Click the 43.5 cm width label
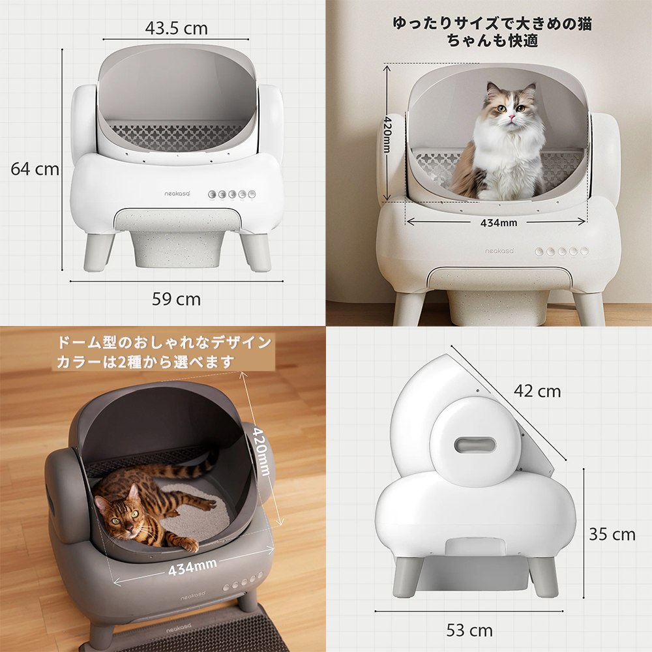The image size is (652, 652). point(176,28)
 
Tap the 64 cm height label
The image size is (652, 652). point(35,169)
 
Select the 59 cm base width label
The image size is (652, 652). point(176,299)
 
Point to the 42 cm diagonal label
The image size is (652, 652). point(537,391)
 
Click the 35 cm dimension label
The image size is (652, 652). point(612,535)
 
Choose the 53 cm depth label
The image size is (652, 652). point(469,630)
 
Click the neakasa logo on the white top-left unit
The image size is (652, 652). point(177,194)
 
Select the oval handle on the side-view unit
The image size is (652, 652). point(475,445)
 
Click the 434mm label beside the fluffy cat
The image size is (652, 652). point(499,223)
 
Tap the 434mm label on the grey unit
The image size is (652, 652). point(192,567)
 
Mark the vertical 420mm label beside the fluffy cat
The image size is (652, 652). point(387,134)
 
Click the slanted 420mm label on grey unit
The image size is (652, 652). point(262,451)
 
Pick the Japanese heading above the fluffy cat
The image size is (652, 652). point(492,32)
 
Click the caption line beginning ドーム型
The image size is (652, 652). point(164,343)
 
